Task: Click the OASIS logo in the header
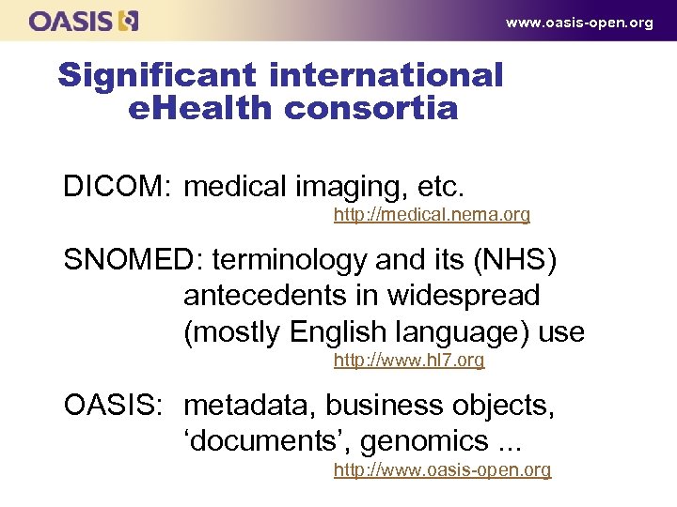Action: pos(84,21)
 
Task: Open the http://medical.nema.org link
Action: pos(432,215)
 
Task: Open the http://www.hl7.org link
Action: pos(409,361)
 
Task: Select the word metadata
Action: pos(250,406)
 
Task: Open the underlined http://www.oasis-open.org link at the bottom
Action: pos(442,469)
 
